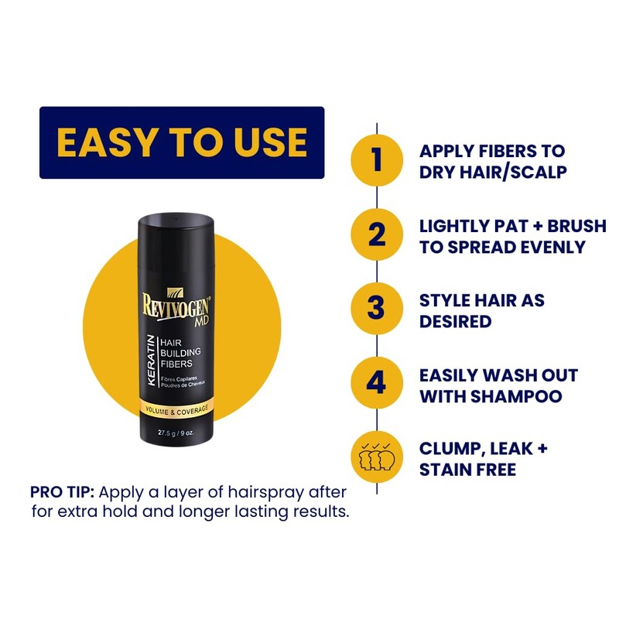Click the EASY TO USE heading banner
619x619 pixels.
point(182,142)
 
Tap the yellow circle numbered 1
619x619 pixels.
point(377,160)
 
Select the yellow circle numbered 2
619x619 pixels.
point(377,235)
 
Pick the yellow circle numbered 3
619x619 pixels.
point(377,309)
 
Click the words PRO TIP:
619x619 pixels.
point(64,492)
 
